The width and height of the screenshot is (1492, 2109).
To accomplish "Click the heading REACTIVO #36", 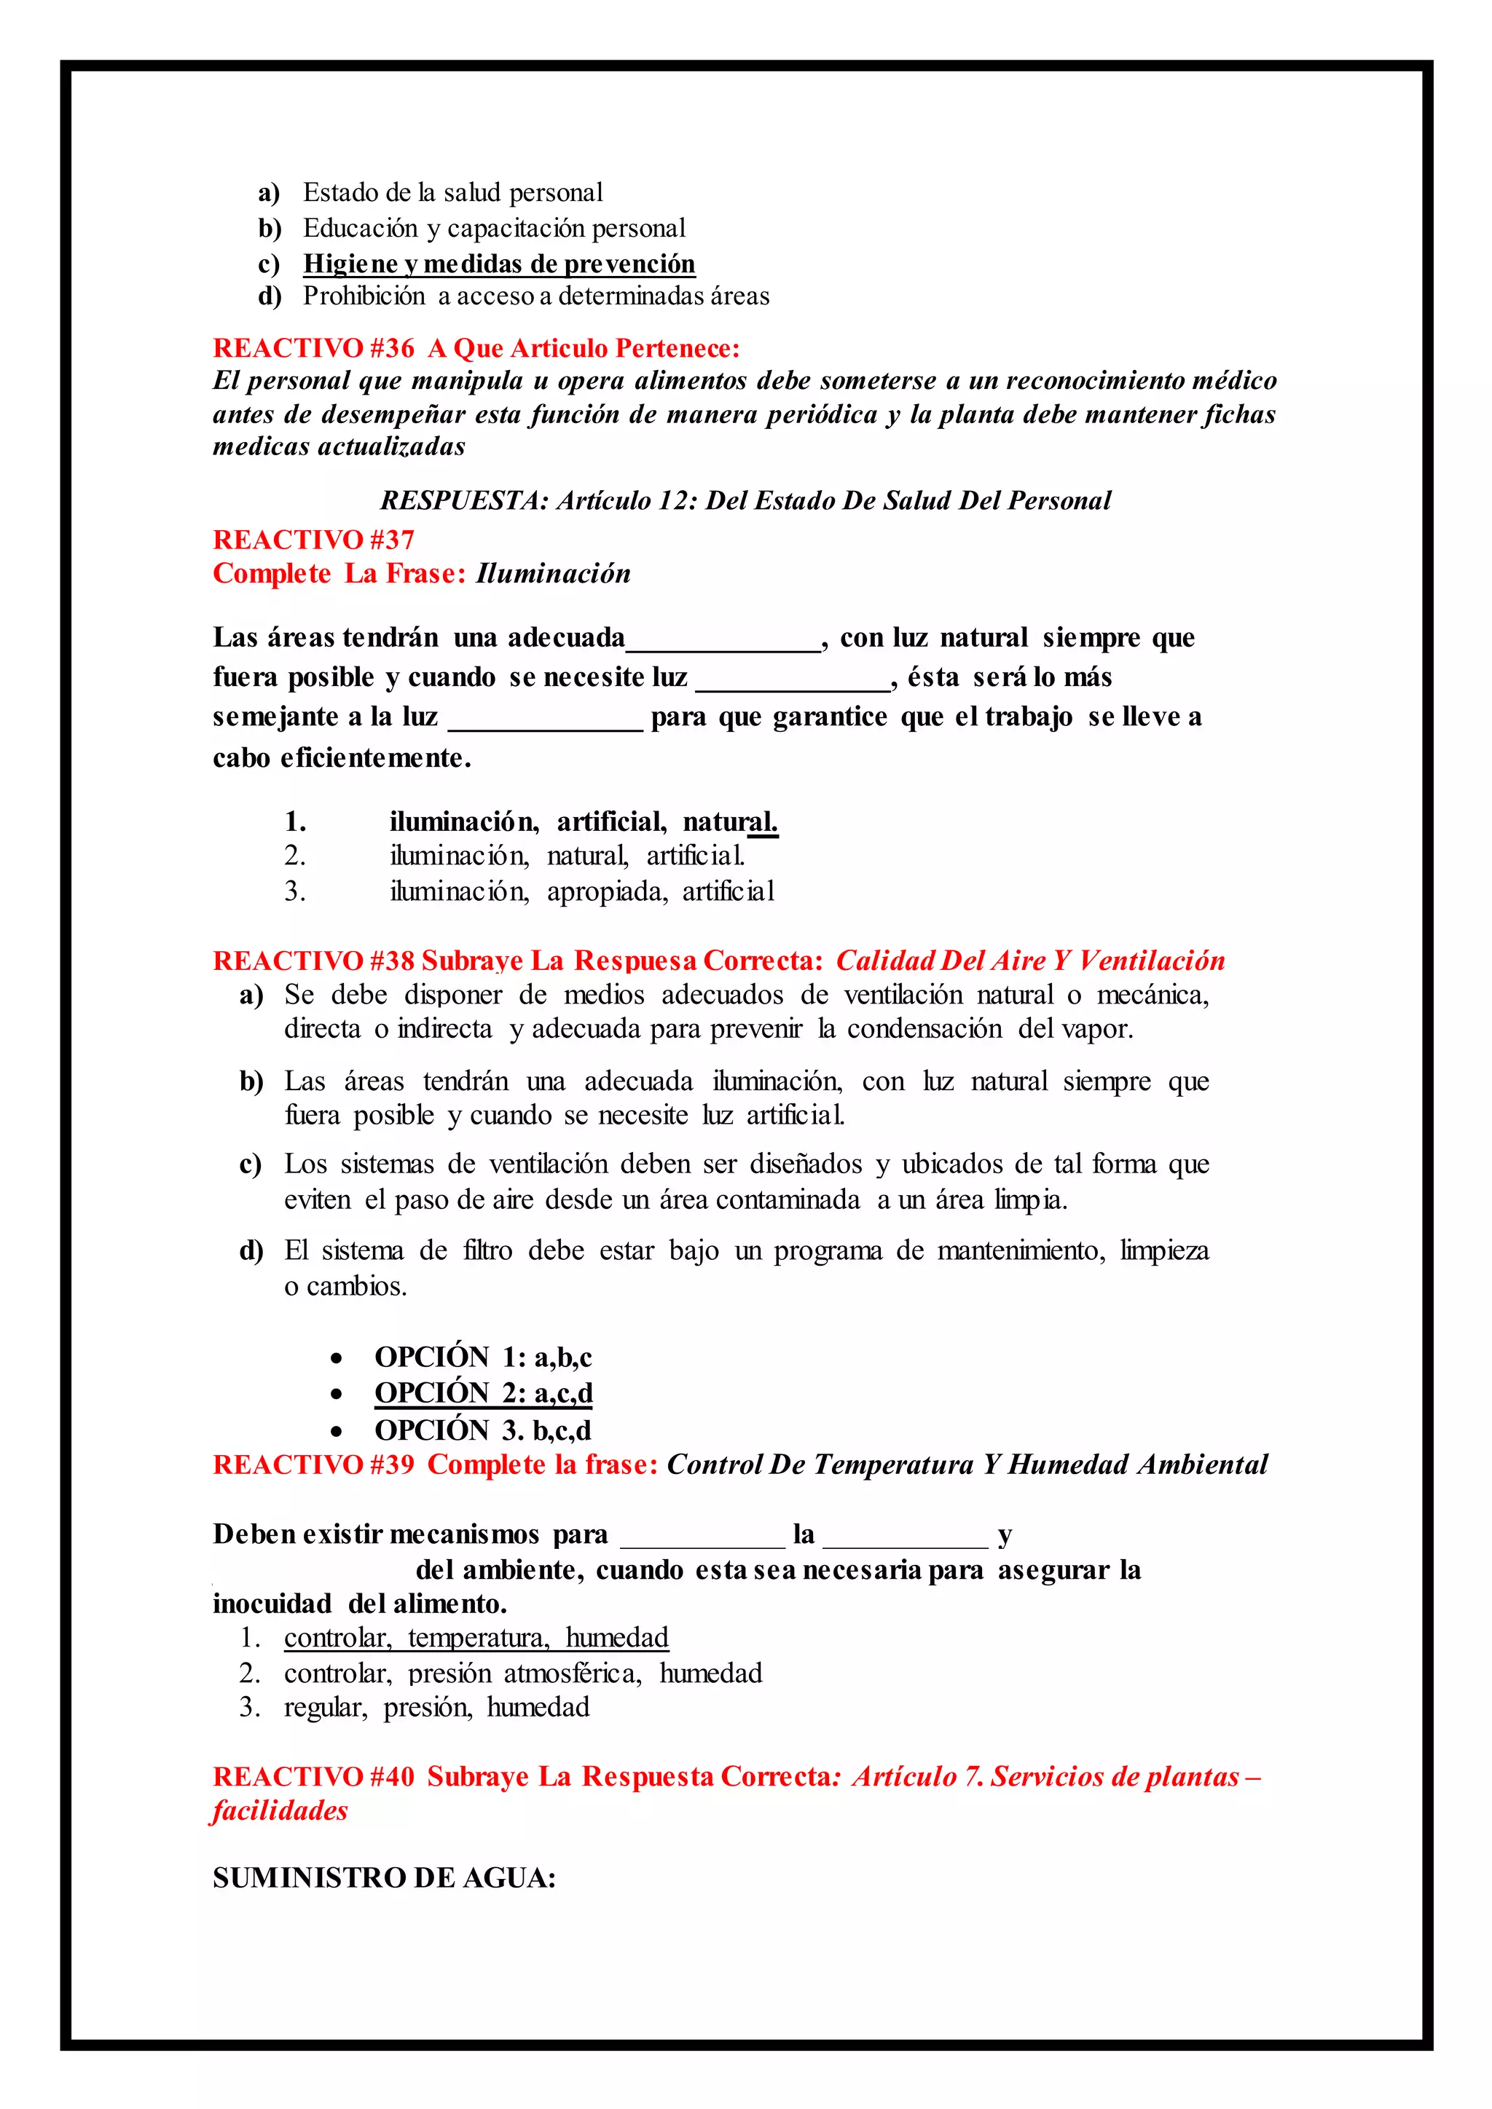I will click(x=313, y=348).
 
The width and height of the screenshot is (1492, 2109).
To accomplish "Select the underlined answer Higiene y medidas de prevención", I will click(x=499, y=264).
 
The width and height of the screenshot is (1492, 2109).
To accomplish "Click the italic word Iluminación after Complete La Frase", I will click(x=553, y=573).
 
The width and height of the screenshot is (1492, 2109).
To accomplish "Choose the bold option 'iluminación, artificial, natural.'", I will click(x=583, y=821).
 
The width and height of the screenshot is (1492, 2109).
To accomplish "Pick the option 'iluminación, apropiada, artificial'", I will click(x=581, y=891).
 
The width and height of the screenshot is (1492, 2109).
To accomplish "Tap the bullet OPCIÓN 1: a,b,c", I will click(x=482, y=1357).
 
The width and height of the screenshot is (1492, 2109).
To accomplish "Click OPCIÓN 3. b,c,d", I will click(x=482, y=1430).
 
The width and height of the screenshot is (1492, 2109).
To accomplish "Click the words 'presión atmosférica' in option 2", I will click(x=525, y=1673).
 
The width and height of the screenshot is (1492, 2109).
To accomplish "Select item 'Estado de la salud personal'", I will click(x=453, y=193).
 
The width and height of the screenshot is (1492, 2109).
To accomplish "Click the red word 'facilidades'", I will click(x=280, y=1810).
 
